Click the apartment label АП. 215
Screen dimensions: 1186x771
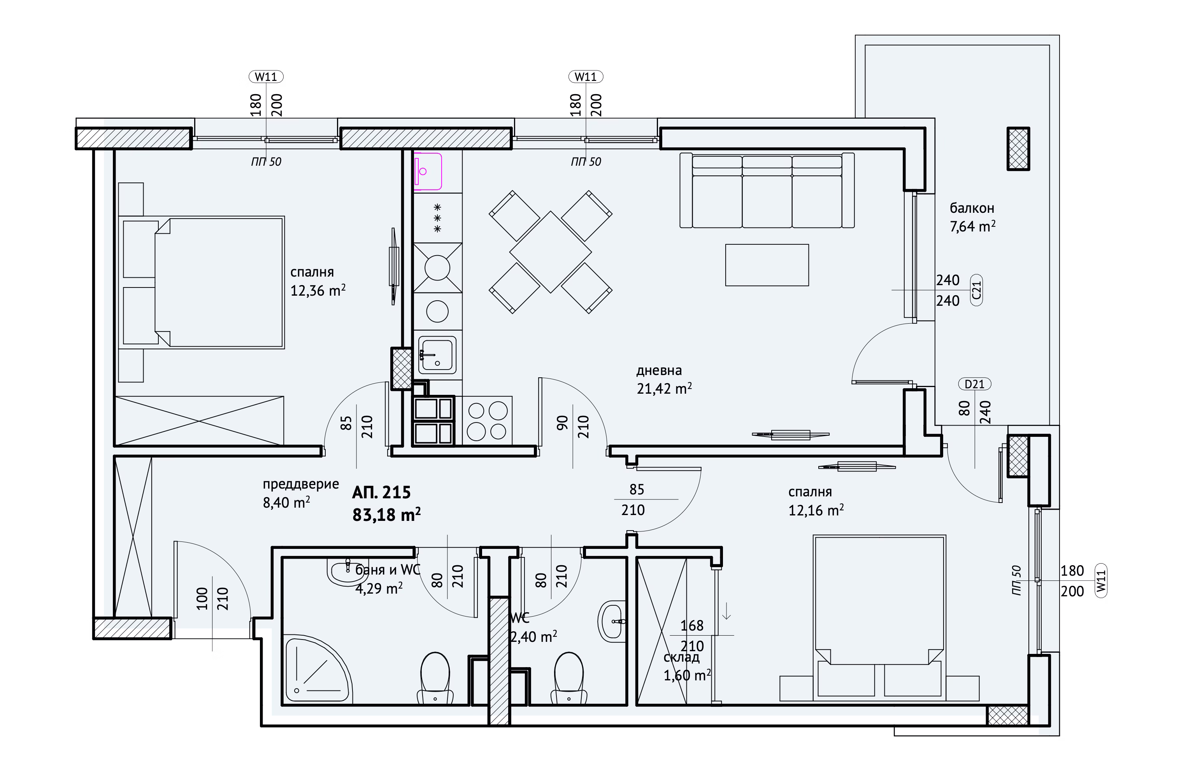pos(381,492)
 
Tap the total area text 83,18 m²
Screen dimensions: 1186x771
pos(386,514)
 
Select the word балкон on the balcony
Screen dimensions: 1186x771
pos(972,208)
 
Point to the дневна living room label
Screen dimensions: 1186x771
pos(659,371)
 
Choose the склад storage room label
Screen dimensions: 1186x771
pos(681,657)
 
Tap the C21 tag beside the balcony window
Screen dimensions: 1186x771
pos(976,290)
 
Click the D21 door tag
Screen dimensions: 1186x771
pos(975,384)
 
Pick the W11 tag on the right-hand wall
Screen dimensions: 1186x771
pos(1101,581)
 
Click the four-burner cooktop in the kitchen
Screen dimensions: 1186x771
pos(487,421)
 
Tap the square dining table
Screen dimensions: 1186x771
pos(551,252)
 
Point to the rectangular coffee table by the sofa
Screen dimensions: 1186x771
pos(767,265)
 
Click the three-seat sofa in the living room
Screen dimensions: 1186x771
pos(767,190)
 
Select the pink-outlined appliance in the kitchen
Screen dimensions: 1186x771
pos(428,171)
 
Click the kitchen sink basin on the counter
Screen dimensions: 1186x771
pos(437,355)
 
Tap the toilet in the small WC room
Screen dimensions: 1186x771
pos(568,678)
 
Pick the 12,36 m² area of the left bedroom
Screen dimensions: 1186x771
pos(318,290)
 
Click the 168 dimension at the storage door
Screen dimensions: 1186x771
pos(692,626)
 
